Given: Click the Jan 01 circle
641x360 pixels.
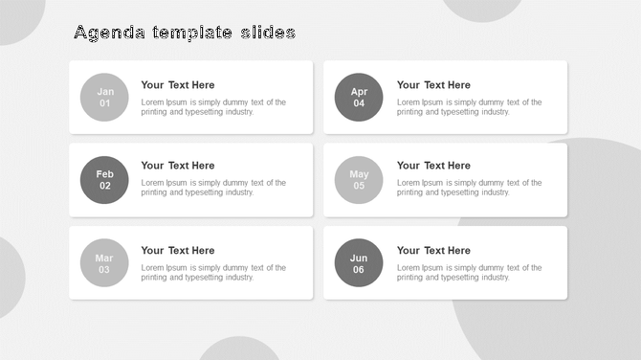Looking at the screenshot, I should click(x=104, y=98).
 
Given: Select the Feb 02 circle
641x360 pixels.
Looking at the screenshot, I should click(x=104, y=180).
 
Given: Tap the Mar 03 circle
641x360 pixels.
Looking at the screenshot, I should click(x=104, y=263).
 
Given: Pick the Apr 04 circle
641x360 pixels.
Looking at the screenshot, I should click(x=359, y=98).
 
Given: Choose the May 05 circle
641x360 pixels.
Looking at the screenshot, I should click(x=359, y=180).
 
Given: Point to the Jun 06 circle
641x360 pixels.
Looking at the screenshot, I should click(x=359, y=263).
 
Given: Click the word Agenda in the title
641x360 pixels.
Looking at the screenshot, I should click(x=109, y=34).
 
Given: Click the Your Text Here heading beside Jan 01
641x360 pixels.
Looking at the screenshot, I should click(x=178, y=85).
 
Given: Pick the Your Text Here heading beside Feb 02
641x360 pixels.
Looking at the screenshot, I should click(x=178, y=166).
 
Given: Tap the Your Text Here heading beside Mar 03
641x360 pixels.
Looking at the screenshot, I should click(x=178, y=251).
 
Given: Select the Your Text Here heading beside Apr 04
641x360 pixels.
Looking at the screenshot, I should click(x=433, y=85).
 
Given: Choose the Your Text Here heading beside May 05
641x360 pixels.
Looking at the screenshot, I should click(x=433, y=166).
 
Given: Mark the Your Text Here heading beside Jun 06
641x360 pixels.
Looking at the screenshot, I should click(x=433, y=251).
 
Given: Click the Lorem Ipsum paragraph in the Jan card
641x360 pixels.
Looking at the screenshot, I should click(x=213, y=107).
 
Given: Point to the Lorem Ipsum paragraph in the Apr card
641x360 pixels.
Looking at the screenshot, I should click(x=469, y=107).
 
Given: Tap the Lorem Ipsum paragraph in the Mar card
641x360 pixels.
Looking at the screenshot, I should click(x=213, y=273).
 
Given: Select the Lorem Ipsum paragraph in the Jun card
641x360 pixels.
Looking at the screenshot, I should click(x=469, y=273).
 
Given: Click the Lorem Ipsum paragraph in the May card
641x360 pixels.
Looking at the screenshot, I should click(x=469, y=188).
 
